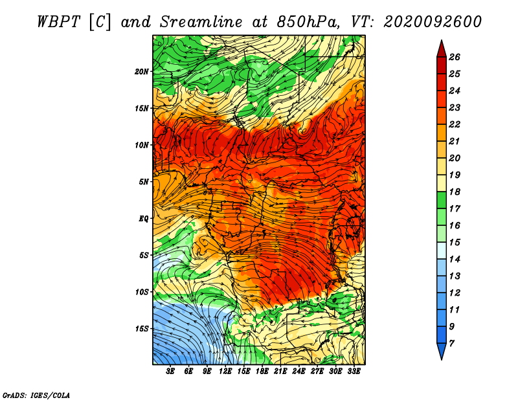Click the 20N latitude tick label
click(x=141, y=72)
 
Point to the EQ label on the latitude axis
click(x=143, y=219)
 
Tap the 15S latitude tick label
click(x=141, y=329)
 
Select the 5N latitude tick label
click(x=144, y=182)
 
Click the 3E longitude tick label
click(x=170, y=372)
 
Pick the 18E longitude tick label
click(x=262, y=372)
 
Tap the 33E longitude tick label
click(x=354, y=372)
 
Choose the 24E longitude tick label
click(x=298, y=372)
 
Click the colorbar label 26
click(x=455, y=57)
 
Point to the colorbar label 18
click(x=455, y=192)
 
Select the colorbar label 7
click(x=451, y=344)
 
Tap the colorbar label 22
click(x=455, y=124)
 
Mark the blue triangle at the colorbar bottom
click(x=442, y=350)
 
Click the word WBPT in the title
click(x=58, y=22)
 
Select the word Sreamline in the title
click(x=201, y=22)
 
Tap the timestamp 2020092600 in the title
click(x=433, y=22)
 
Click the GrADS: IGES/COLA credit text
click(x=36, y=395)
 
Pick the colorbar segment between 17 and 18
click(x=442, y=200)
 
